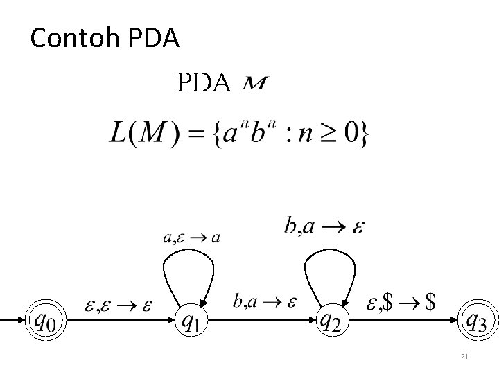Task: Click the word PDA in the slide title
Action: point(154,39)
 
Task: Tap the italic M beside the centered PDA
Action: point(256,84)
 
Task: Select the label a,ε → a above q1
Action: point(191,238)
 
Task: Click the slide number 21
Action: point(465,357)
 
